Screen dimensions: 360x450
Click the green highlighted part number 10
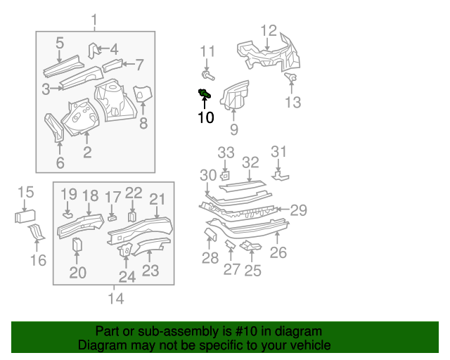tap(205, 94)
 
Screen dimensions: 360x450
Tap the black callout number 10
tap(205, 117)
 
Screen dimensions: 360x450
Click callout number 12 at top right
tap(269, 30)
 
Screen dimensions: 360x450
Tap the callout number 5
tap(60, 42)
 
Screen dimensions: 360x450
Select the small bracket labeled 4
tap(92, 49)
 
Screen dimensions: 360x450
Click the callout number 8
tap(143, 124)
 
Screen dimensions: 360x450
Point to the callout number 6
tap(60, 163)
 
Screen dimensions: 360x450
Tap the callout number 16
tap(39, 260)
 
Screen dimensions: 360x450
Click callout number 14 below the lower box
tap(116, 299)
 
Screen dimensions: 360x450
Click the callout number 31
tap(279, 152)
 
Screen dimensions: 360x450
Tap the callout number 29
tap(299, 210)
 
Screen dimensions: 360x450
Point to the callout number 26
tap(278, 252)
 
